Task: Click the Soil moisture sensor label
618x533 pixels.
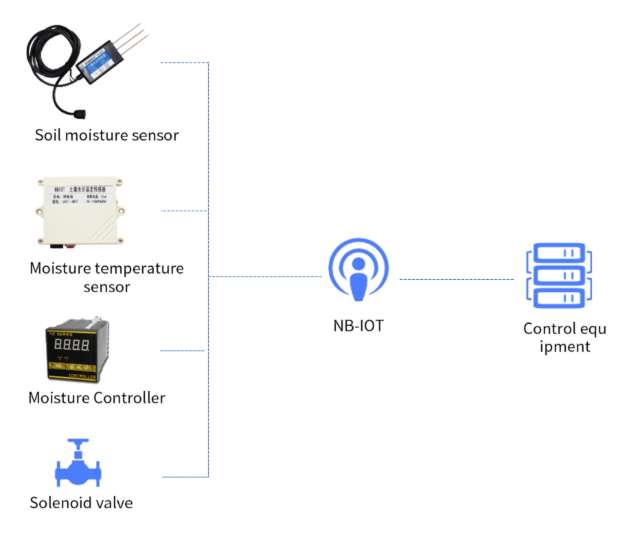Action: [x=106, y=134]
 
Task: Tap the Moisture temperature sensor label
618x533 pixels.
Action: [x=106, y=276]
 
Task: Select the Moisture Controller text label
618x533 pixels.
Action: [x=97, y=397]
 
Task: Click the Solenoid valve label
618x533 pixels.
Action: [x=81, y=502]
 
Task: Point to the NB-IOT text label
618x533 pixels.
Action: [x=354, y=325]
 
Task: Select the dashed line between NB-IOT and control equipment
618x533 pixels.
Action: [x=457, y=279]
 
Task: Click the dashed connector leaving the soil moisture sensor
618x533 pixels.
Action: [x=184, y=63]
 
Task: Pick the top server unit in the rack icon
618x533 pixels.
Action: [x=558, y=252]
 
